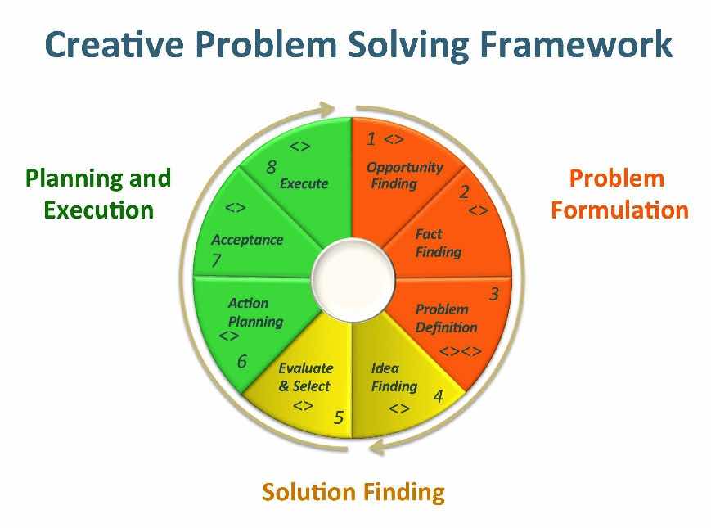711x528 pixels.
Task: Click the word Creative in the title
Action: [x=115, y=44]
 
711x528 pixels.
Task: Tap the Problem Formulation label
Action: [x=619, y=194]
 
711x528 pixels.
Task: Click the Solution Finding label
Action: [x=353, y=493]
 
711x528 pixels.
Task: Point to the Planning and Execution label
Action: [x=98, y=194]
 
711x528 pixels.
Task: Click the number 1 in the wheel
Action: [x=371, y=139]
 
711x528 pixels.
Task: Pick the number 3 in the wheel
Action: [x=494, y=294]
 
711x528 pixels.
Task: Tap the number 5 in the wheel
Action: [x=339, y=417]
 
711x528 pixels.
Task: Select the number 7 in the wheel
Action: [x=216, y=260]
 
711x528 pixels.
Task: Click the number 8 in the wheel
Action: [x=271, y=167]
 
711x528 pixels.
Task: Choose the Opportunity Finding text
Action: [x=404, y=175]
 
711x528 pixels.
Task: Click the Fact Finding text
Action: [x=438, y=243]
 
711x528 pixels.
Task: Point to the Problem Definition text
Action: [x=446, y=318]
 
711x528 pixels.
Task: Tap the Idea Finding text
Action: [x=394, y=377]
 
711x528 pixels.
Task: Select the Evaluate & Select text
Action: [x=306, y=377]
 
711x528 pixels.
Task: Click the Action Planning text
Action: [x=255, y=312]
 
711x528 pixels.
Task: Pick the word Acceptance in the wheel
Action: [x=247, y=240]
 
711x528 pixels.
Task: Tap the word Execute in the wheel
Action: [x=304, y=183]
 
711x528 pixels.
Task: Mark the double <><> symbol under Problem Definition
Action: [x=461, y=351]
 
